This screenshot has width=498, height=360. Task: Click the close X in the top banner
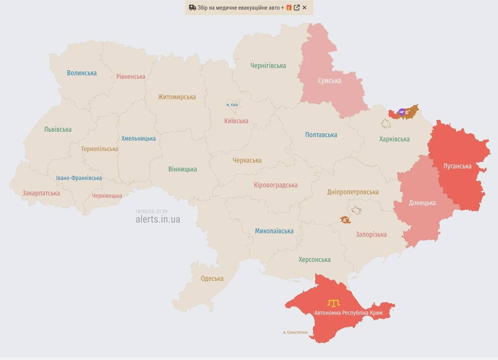point(305,7)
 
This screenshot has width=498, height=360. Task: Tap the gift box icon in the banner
point(289,7)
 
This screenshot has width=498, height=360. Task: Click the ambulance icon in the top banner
point(192,7)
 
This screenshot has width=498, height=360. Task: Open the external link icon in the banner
point(297,7)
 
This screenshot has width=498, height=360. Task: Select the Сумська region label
point(329,81)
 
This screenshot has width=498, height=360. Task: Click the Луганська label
point(457,166)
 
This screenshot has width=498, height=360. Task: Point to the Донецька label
point(422,203)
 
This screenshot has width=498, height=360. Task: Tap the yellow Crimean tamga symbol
point(334,303)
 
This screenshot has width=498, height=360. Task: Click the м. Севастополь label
point(295,332)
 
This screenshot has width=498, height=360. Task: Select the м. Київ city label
point(232,105)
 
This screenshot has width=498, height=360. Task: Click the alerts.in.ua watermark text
point(157,219)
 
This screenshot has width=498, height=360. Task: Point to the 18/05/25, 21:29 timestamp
point(151,211)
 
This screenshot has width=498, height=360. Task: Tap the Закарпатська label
point(41,193)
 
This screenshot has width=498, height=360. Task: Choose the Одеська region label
point(212,278)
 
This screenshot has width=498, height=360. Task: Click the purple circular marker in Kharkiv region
point(401,112)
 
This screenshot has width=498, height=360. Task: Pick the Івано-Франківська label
point(79,178)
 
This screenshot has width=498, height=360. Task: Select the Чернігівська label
point(268,66)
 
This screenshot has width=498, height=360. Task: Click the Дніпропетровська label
point(353,192)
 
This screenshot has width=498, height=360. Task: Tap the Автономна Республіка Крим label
point(348,313)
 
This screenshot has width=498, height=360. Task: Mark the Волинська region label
point(82,73)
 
